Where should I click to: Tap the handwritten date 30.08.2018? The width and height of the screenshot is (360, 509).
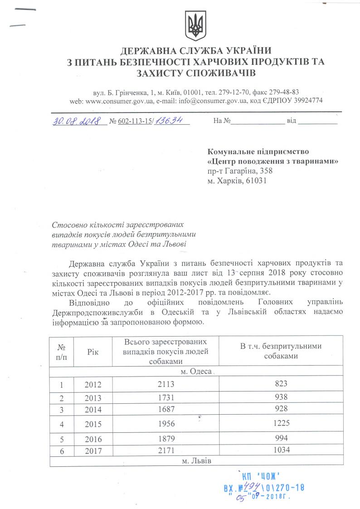74,121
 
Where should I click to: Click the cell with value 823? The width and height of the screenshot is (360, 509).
281,383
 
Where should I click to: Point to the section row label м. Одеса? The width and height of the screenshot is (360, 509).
196,372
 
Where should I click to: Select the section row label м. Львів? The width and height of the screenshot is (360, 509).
196,461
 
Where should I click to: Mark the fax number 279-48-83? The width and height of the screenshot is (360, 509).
296,91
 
